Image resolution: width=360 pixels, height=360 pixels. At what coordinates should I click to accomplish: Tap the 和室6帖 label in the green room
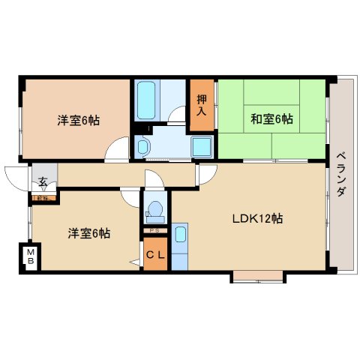pos(271,118)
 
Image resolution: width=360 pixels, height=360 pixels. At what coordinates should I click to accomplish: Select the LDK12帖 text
pos(256,219)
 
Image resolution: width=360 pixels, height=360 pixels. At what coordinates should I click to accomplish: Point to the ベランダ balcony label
pos(341,172)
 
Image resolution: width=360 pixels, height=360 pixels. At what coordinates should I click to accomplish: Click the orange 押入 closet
pos(202,103)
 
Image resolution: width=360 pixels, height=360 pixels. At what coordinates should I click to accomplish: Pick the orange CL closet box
pos(155,256)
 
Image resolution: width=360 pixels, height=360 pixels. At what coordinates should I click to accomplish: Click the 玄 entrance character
pos(43,181)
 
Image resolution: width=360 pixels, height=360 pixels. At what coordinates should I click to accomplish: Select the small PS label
pos(154,229)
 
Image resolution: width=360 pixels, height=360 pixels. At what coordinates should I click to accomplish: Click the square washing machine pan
pos(201,145)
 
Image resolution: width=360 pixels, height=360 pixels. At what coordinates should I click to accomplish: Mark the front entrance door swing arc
pos(16,175)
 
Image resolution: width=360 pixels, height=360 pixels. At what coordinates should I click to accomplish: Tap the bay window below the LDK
pos(257,277)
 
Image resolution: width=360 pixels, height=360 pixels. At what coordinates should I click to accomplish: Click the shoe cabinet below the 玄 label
pos(42,198)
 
